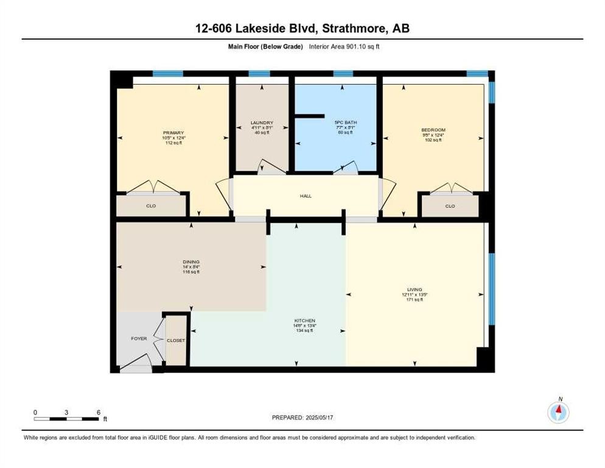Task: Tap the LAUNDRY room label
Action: (x=262, y=122)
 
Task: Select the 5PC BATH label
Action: (x=345, y=122)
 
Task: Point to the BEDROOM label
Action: (x=433, y=130)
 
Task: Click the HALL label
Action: (x=306, y=196)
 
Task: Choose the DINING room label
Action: (x=191, y=261)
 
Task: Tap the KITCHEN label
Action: (x=305, y=321)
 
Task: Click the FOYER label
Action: (x=139, y=338)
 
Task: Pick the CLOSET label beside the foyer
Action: (x=176, y=340)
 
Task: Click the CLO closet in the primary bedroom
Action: (x=151, y=206)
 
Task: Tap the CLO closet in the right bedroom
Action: (x=450, y=206)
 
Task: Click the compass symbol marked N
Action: (x=558, y=412)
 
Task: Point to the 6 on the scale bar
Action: (x=98, y=412)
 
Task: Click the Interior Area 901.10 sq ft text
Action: (x=348, y=46)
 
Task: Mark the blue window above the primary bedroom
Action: (x=168, y=74)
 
